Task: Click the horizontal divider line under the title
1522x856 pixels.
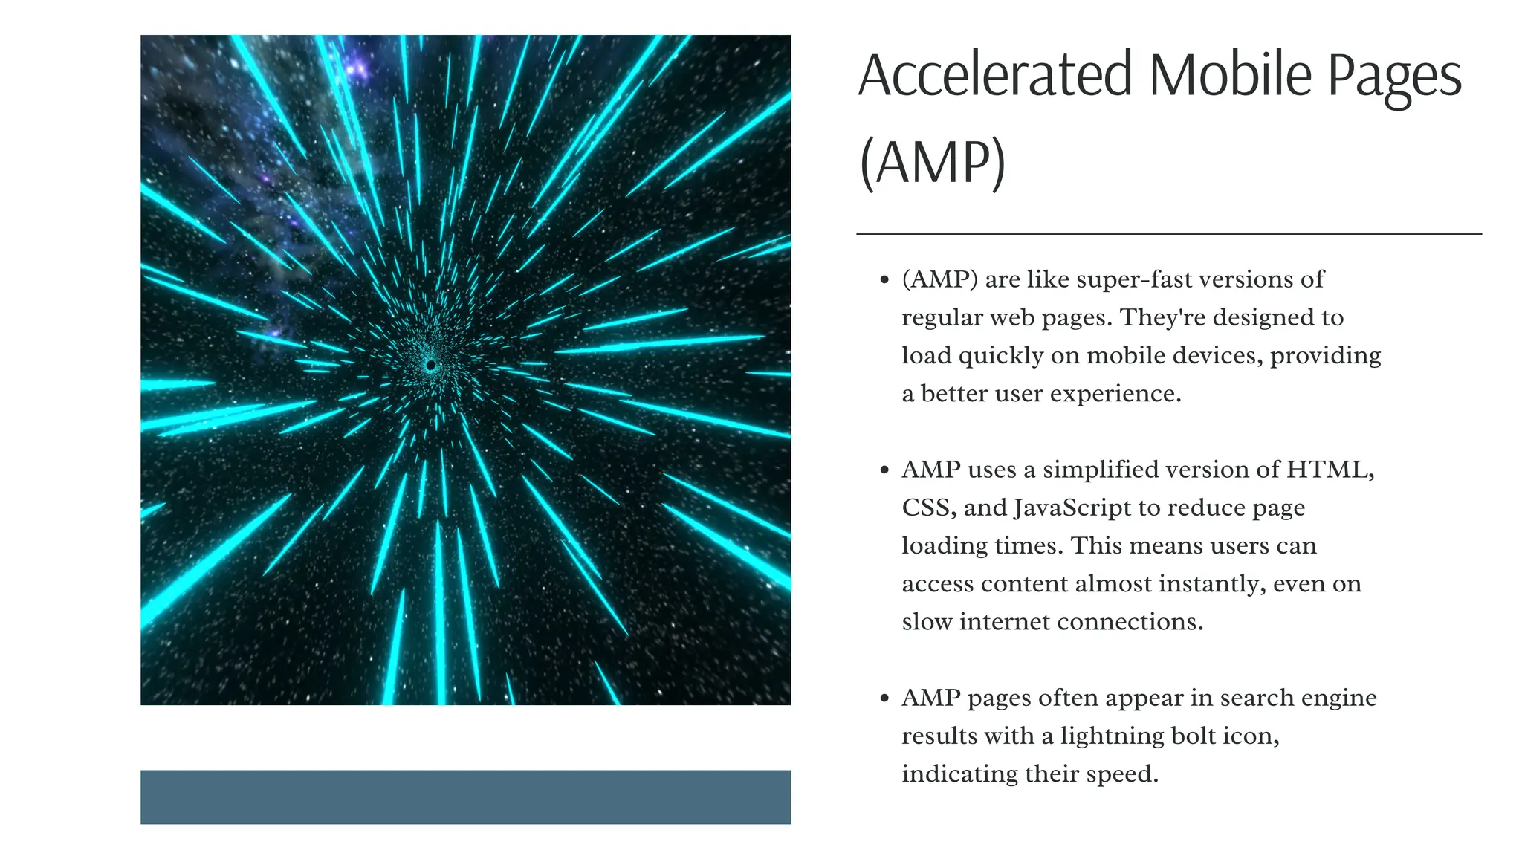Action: tap(1168, 234)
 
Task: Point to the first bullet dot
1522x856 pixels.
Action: tap(884, 280)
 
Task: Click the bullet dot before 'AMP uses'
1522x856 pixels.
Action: tap(884, 470)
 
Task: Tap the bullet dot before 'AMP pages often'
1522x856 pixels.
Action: tap(884, 698)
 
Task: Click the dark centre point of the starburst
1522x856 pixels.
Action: tap(430, 366)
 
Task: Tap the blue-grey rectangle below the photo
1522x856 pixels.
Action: tap(465, 797)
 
